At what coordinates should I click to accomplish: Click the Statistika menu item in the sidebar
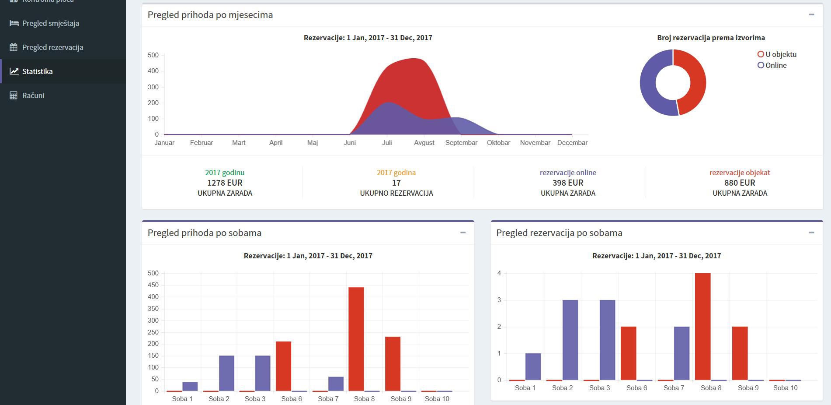37,71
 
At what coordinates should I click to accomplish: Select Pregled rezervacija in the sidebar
52,47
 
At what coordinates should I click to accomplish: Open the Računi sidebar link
33,95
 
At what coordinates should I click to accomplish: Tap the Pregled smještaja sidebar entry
51,23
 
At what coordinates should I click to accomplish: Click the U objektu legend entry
777,54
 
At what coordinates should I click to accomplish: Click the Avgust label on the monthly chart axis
424,143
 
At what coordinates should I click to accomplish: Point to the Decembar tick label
572,143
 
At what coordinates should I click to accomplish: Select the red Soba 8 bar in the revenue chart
356,339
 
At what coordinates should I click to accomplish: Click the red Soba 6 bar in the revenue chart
284,366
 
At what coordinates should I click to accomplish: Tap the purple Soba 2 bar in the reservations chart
570,340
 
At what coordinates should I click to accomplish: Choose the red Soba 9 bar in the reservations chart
740,353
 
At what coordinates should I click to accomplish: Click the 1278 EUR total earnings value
225,183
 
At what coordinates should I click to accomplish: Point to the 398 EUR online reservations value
568,183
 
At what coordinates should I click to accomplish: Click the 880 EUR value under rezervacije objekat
740,183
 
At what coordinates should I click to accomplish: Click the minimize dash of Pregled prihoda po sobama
463,232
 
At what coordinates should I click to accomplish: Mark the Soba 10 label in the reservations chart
785,388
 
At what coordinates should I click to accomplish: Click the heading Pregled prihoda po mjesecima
210,15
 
